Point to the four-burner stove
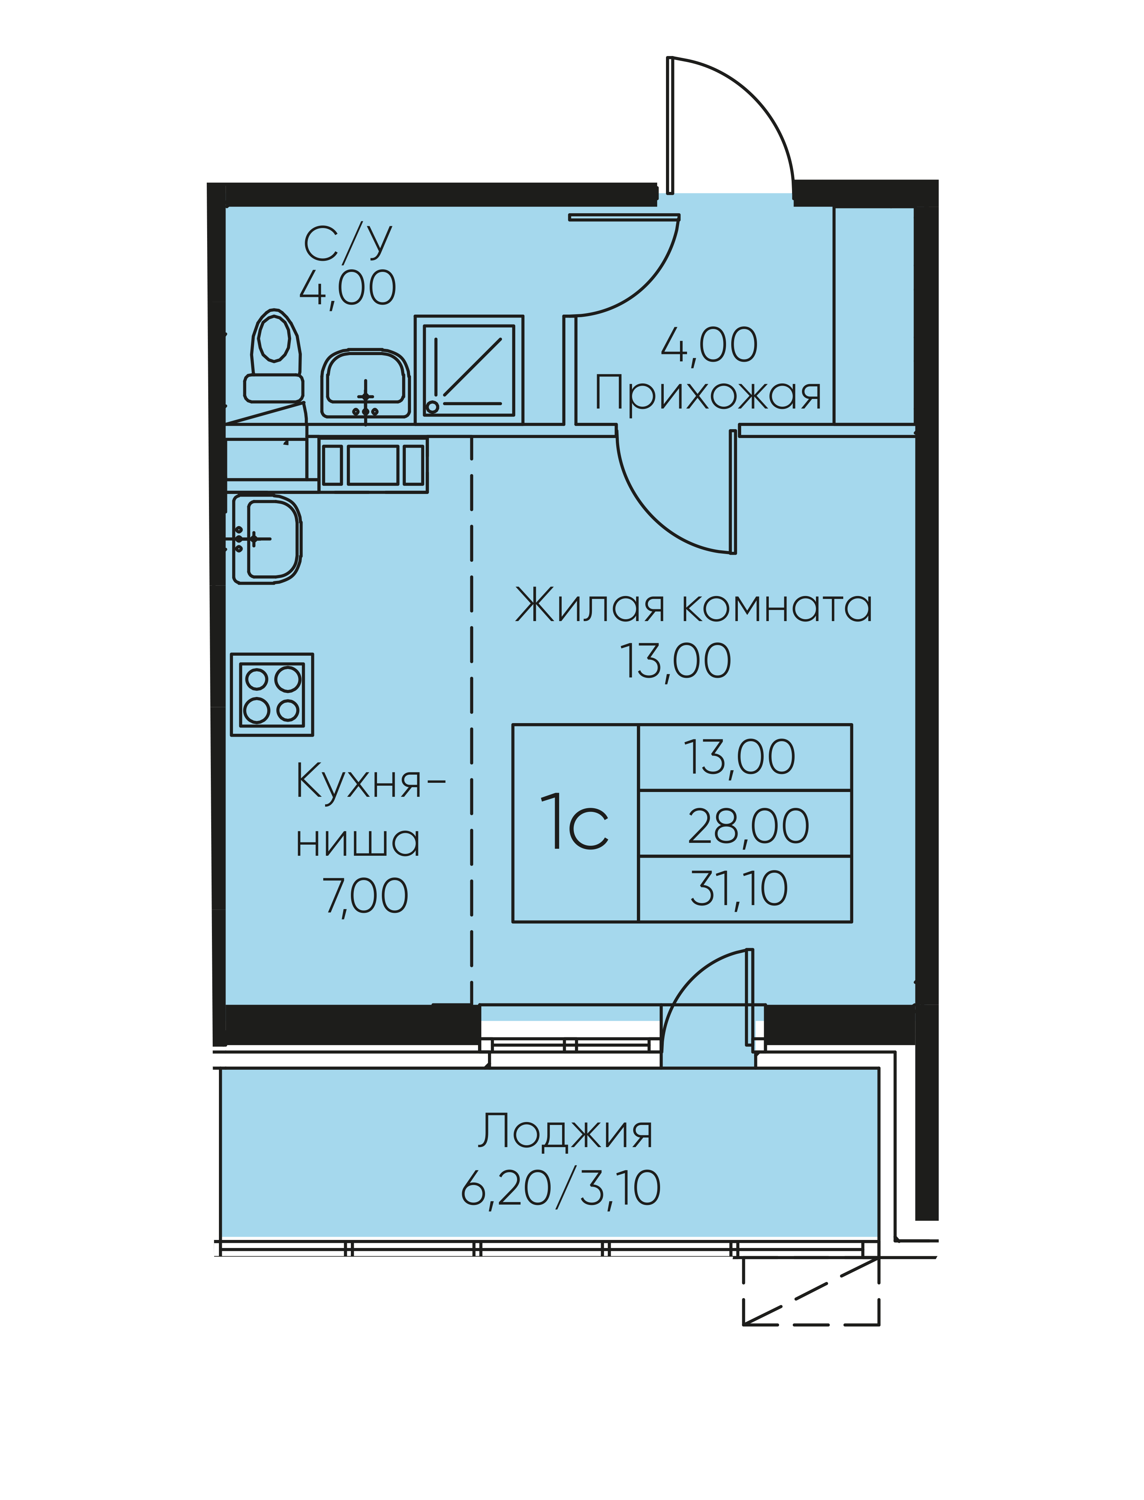click(x=272, y=695)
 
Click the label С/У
click(x=348, y=243)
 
